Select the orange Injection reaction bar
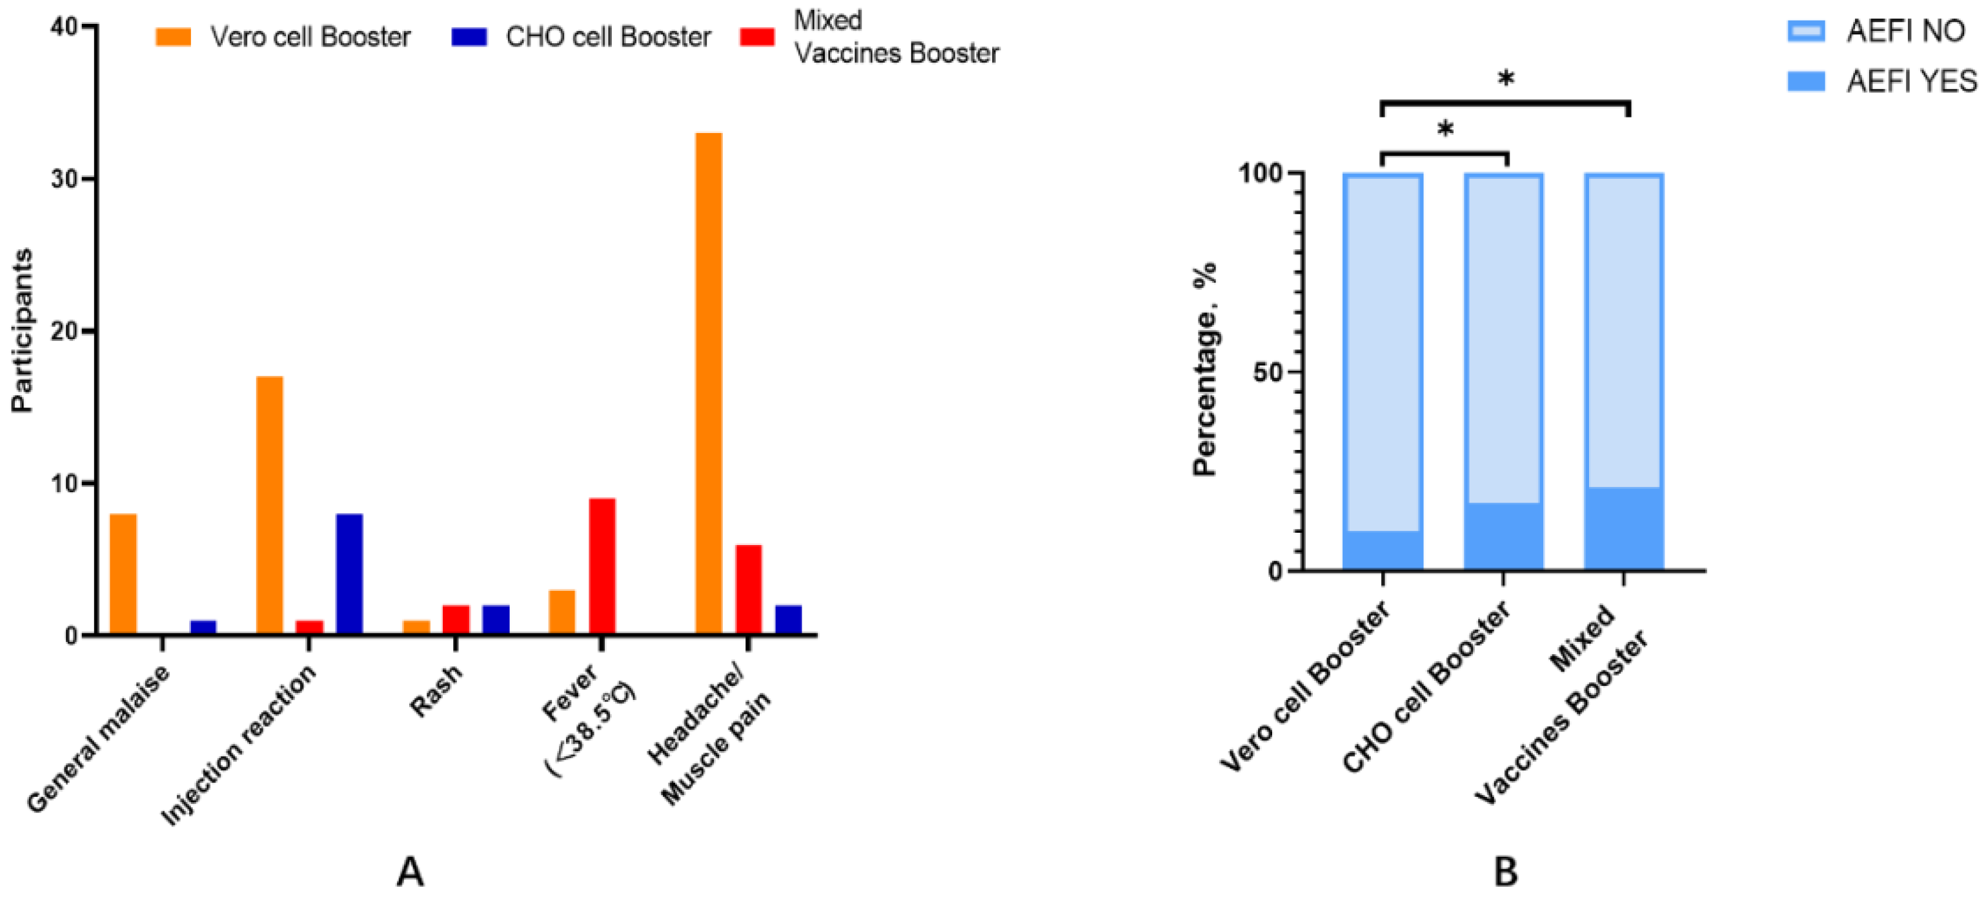pyautogui.click(x=269, y=505)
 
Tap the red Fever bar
pyautogui.click(x=602, y=566)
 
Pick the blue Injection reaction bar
pyautogui.click(x=349, y=574)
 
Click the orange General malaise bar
pyautogui.click(x=123, y=574)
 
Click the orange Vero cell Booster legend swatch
pyautogui.click(x=174, y=37)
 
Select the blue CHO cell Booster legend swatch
pyautogui.click(x=469, y=37)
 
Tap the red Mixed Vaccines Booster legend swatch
pyautogui.click(x=756, y=37)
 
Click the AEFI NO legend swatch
pyautogui.click(x=1805, y=32)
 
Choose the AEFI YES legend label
pyautogui.click(x=1911, y=81)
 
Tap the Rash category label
pyautogui.click(x=436, y=690)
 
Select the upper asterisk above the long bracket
pyautogui.click(x=1505, y=79)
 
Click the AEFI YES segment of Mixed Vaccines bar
pyautogui.click(x=1624, y=528)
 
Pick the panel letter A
pyautogui.click(x=410, y=872)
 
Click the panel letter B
pyautogui.click(x=1505, y=872)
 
